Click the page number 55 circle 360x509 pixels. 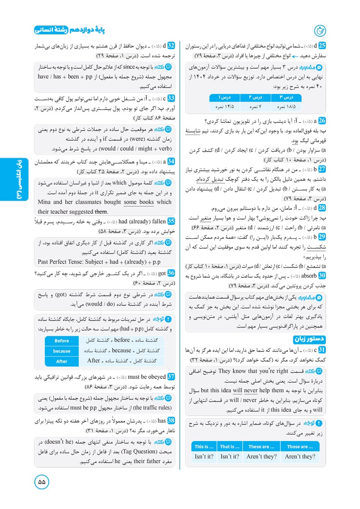[42, 482]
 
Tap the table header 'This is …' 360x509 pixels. [205, 446]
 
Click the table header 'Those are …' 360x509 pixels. [300, 446]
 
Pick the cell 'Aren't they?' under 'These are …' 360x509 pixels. [262, 457]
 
